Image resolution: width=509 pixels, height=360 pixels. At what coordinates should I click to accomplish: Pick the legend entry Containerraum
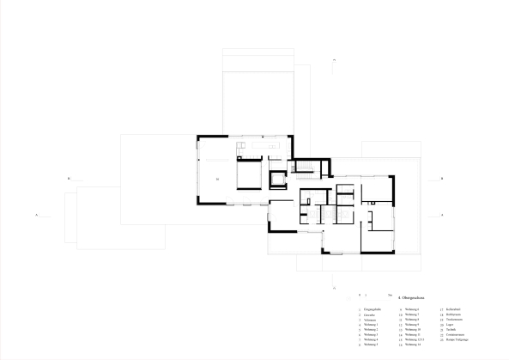coord(456,335)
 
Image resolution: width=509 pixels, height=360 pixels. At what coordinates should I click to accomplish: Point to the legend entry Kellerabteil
coord(453,309)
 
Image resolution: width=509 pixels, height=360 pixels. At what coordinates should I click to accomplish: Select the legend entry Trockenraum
coord(455,320)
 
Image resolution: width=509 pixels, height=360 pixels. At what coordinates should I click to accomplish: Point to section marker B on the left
coord(68,179)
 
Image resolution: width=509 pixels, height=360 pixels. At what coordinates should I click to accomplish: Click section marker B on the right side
coord(440,179)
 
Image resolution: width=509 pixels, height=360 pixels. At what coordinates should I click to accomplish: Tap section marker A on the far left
coord(37,213)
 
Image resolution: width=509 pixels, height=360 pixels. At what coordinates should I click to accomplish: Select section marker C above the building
coord(334,59)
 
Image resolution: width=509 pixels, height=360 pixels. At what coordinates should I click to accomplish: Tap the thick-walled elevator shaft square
coord(277,180)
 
